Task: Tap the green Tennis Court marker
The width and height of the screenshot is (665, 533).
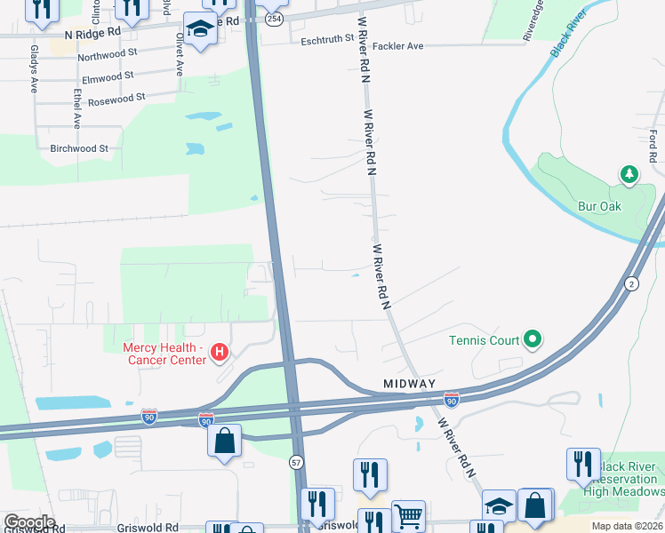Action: (x=533, y=338)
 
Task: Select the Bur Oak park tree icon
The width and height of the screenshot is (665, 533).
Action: (x=630, y=174)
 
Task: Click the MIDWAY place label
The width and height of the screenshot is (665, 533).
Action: (x=409, y=383)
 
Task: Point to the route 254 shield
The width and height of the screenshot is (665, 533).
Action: (x=274, y=19)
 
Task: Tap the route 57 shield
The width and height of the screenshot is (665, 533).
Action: (x=296, y=462)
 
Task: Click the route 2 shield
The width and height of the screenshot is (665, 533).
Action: (x=631, y=283)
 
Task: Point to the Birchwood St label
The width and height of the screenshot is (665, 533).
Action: (x=79, y=148)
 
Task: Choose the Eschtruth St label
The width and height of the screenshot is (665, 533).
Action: (x=327, y=40)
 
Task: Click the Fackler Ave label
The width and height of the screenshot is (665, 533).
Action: (x=397, y=45)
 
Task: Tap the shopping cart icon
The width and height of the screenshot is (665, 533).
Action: (x=408, y=514)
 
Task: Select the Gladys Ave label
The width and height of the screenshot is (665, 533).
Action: (x=34, y=69)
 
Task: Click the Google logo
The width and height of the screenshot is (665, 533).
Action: (x=29, y=522)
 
